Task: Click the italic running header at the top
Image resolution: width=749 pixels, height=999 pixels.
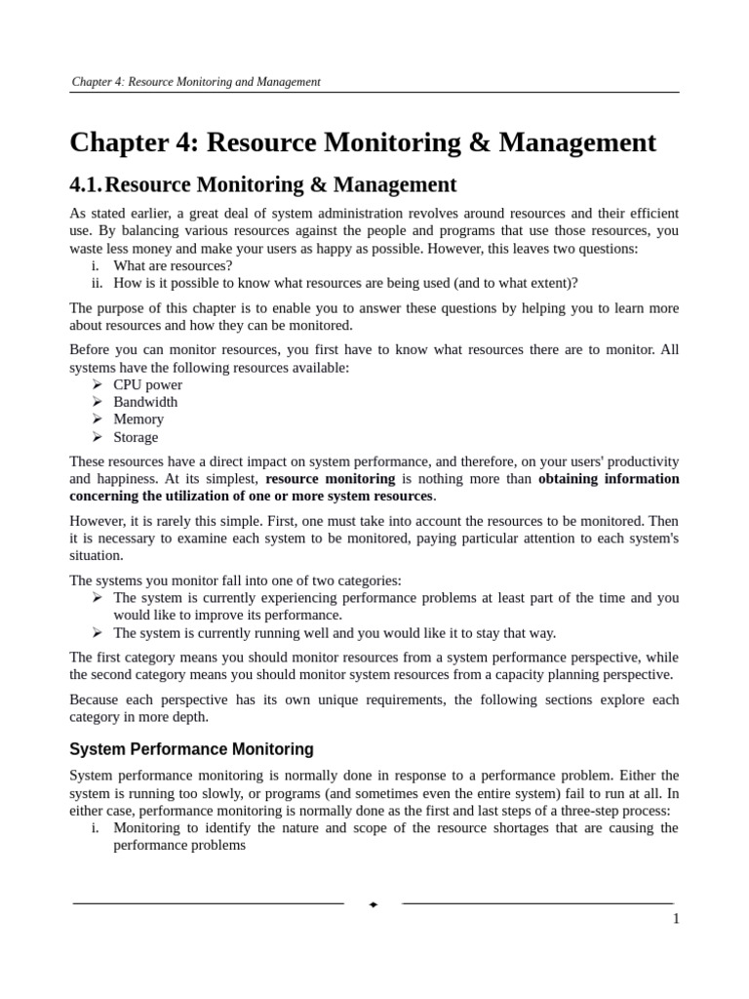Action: pyautogui.click(x=195, y=82)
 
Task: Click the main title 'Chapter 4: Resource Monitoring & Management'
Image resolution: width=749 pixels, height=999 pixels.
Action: pyautogui.click(x=363, y=142)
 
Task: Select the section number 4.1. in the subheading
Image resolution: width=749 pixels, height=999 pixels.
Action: pyautogui.click(x=85, y=184)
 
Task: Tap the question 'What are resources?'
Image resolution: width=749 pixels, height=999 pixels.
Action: pyautogui.click(x=173, y=265)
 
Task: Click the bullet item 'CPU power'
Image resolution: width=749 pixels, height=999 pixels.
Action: pyautogui.click(x=147, y=384)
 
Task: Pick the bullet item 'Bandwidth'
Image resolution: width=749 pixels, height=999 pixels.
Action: pyautogui.click(x=145, y=402)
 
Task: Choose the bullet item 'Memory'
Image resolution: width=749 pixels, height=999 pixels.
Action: pyautogui.click(x=138, y=420)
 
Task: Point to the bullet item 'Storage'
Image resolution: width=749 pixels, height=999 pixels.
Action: pyautogui.click(x=136, y=437)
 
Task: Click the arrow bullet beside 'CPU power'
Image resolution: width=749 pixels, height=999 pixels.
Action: pyautogui.click(x=98, y=384)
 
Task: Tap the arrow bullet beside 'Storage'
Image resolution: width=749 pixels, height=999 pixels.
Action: pyautogui.click(x=98, y=437)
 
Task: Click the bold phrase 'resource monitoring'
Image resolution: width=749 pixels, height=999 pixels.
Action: pyautogui.click(x=330, y=479)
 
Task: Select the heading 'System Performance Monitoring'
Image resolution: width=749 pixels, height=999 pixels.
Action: pyautogui.click(x=191, y=749)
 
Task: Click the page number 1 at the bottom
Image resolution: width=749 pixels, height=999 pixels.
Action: pyautogui.click(x=675, y=919)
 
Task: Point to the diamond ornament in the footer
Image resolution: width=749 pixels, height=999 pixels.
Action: pyautogui.click(x=374, y=904)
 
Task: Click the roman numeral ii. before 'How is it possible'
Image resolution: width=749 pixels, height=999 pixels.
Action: pyautogui.click(x=97, y=283)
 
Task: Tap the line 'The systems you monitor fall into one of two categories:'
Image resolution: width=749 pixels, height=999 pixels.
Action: pyautogui.click(x=235, y=580)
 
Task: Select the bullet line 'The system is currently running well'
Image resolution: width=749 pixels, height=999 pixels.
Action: pyautogui.click(x=334, y=632)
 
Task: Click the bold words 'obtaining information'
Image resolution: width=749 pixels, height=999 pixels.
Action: pyautogui.click(x=609, y=479)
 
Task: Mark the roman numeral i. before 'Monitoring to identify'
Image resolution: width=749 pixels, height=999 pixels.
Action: pyautogui.click(x=96, y=828)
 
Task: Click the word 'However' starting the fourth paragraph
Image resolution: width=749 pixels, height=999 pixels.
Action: pyautogui.click(x=96, y=521)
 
